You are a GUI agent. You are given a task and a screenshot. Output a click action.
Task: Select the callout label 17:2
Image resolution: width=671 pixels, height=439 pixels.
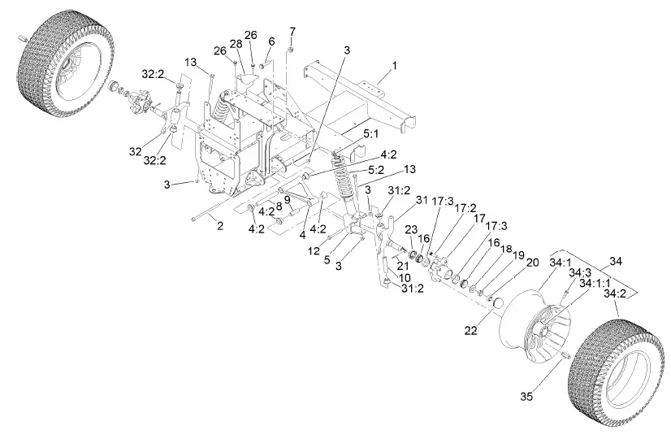(467, 208)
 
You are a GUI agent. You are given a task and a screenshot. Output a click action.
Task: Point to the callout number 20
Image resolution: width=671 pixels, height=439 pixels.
(533, 263)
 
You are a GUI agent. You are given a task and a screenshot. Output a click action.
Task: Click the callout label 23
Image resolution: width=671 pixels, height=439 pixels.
(411, 229)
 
